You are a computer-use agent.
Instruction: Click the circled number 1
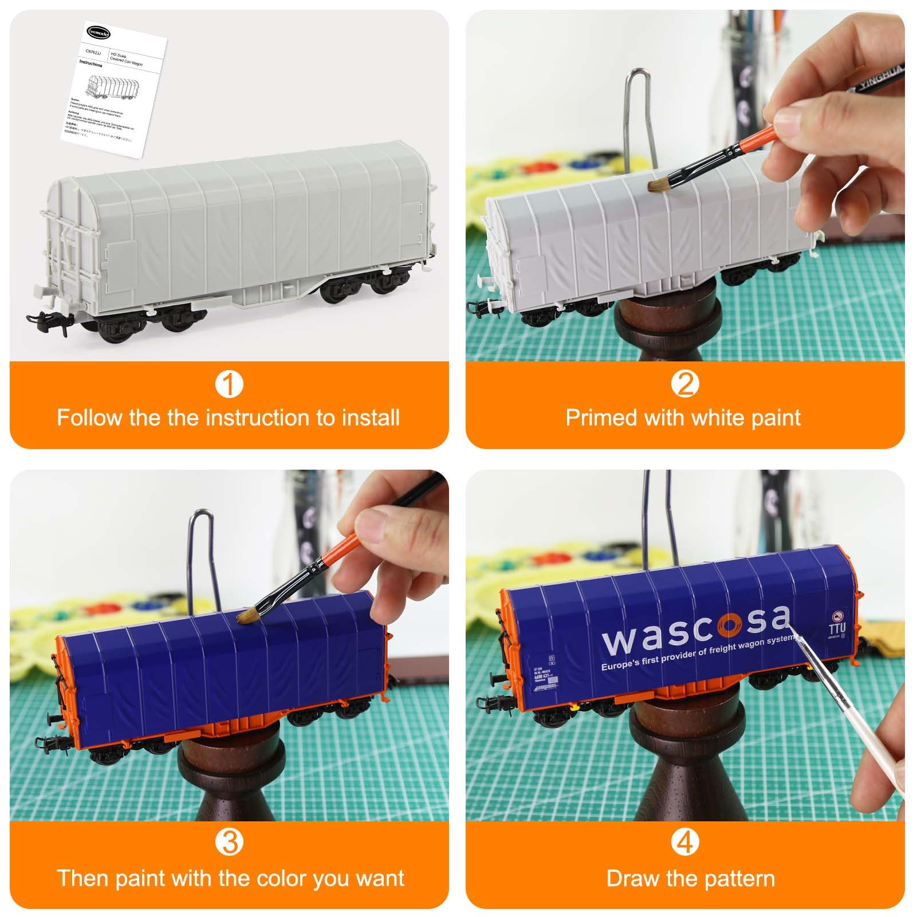point(229,384)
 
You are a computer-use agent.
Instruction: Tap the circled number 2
point(685,384)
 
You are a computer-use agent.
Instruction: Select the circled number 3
point(229,843)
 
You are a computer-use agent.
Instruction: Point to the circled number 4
point(685,843)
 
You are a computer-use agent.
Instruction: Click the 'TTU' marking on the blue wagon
point(837,628)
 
